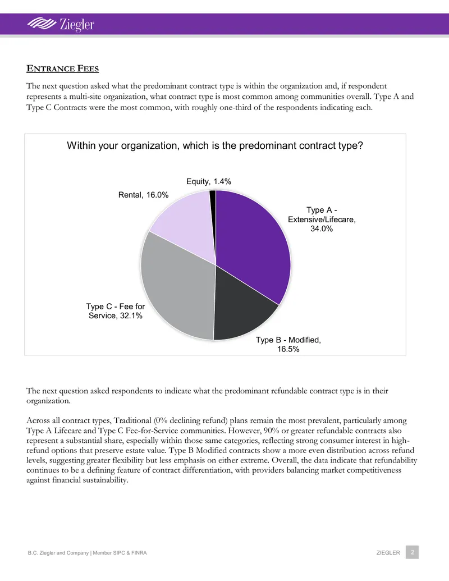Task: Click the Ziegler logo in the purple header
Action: point(61,24)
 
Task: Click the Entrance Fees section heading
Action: point(63,68)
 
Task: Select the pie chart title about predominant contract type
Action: point(215,145)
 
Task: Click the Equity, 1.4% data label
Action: point(209,181)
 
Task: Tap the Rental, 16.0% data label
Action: point(143,195)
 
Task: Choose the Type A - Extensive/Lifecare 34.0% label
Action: point(322,219)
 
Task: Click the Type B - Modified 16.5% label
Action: point(288,344)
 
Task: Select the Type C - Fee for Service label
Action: point(116,311)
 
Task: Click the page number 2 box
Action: point(412,552)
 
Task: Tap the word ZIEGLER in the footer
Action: point(388,552)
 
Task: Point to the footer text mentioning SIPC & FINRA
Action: point(88,553)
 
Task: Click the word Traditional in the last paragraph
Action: point(132,420)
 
